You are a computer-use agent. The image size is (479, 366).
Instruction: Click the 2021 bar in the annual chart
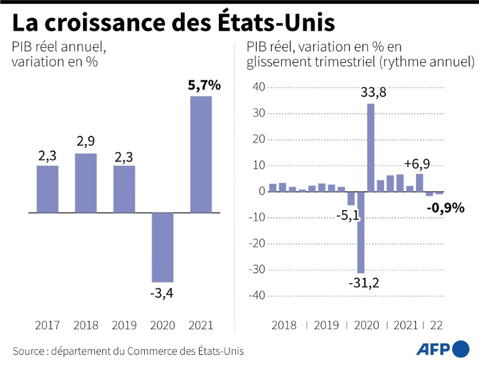click(201, 154)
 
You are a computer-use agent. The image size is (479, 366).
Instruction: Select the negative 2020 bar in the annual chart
click(162, 247)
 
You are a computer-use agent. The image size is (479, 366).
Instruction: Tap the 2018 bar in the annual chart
click(85, 183)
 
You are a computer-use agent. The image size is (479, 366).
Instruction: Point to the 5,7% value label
click(204, 86)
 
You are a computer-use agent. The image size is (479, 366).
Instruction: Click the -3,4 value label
click(162, 292)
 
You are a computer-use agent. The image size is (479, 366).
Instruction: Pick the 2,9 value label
click(85, 142)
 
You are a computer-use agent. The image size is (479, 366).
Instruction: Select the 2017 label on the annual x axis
click(47, 325)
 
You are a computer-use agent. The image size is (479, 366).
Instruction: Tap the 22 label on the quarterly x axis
click(436, 325)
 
